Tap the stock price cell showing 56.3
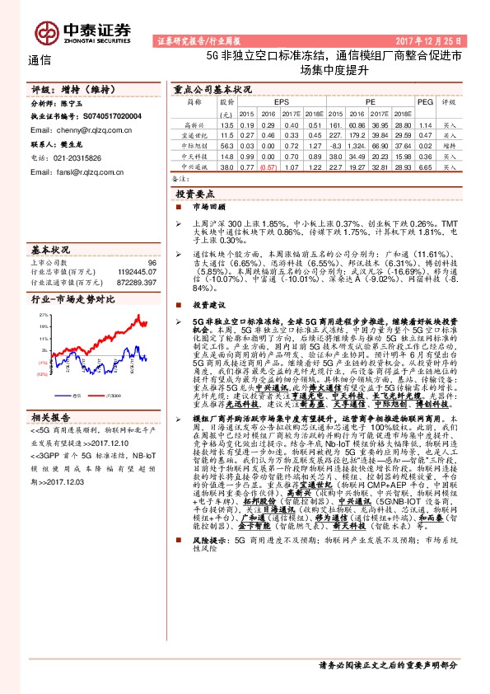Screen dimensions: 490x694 [227, 145]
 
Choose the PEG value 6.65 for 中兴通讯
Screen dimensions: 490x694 [425, 166]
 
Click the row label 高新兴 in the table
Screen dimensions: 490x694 [194, 124]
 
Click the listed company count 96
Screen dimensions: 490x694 [152, 261]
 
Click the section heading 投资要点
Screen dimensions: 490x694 [194, 192]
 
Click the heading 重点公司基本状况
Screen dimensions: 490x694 [212, 88]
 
